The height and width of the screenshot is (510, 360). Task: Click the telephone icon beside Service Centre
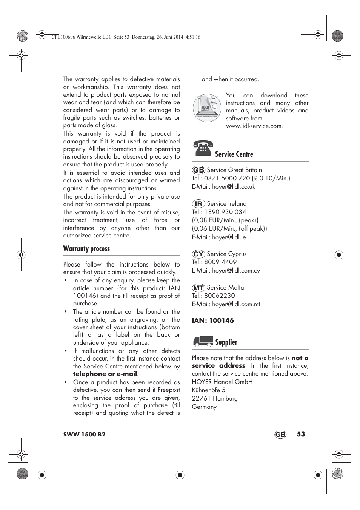[203, 148]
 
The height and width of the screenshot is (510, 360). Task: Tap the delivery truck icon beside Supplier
[203, 341]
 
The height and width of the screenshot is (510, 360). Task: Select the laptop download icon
[207, 108]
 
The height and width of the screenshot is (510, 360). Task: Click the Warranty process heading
[86, 249]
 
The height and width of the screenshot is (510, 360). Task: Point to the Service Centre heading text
[234, 154]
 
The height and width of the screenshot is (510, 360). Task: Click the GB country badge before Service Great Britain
[198, 170]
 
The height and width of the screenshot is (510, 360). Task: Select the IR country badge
[198, 204]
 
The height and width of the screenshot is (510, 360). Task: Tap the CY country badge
[198, 254]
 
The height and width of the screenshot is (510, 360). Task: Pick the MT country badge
[198, 288]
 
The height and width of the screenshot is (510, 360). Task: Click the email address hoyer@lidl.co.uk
[234, 187]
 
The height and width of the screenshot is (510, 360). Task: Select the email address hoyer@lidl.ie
[229, 237]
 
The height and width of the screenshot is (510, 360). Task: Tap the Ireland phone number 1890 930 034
[225, 212]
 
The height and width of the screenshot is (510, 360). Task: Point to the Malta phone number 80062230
[219, 296]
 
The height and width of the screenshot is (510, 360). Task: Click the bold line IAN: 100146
[213, 320]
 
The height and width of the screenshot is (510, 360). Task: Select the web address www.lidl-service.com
[254, 126]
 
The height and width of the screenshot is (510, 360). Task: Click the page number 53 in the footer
[300, 434]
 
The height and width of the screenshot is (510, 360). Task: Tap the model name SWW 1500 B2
[85, 435]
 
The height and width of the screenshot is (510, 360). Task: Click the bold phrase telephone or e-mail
[105, 374]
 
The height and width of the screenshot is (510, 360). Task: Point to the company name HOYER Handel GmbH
[222, 382]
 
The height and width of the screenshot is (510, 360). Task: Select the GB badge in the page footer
[280, 435]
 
